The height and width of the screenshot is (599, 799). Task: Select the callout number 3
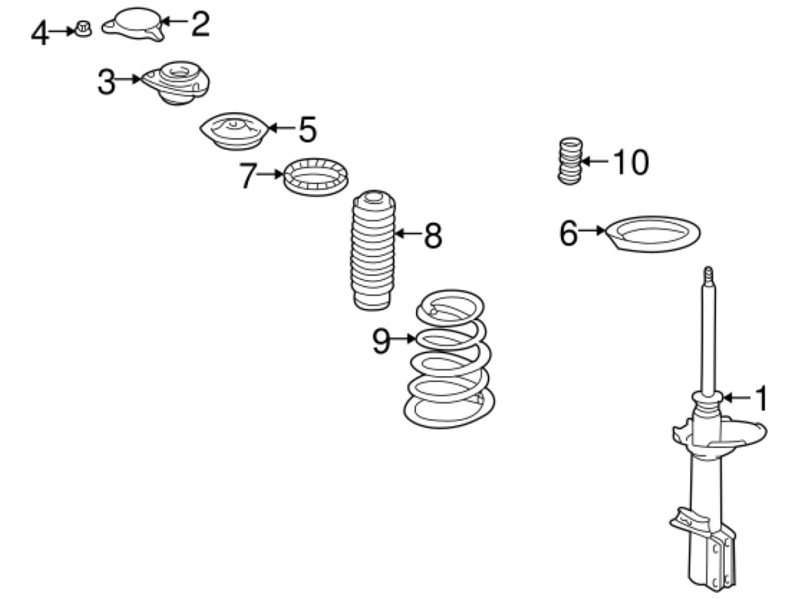pos(106,82)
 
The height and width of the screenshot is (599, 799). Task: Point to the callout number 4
pos(39,33)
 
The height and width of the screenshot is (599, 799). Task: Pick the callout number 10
pos(631,162)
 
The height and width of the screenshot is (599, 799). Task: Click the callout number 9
pos(381,341)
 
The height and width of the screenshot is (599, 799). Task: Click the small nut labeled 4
pos(82,29)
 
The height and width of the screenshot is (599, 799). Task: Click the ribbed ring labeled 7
pos(315,175)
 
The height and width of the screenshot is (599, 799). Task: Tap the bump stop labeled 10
pos(568,160)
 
